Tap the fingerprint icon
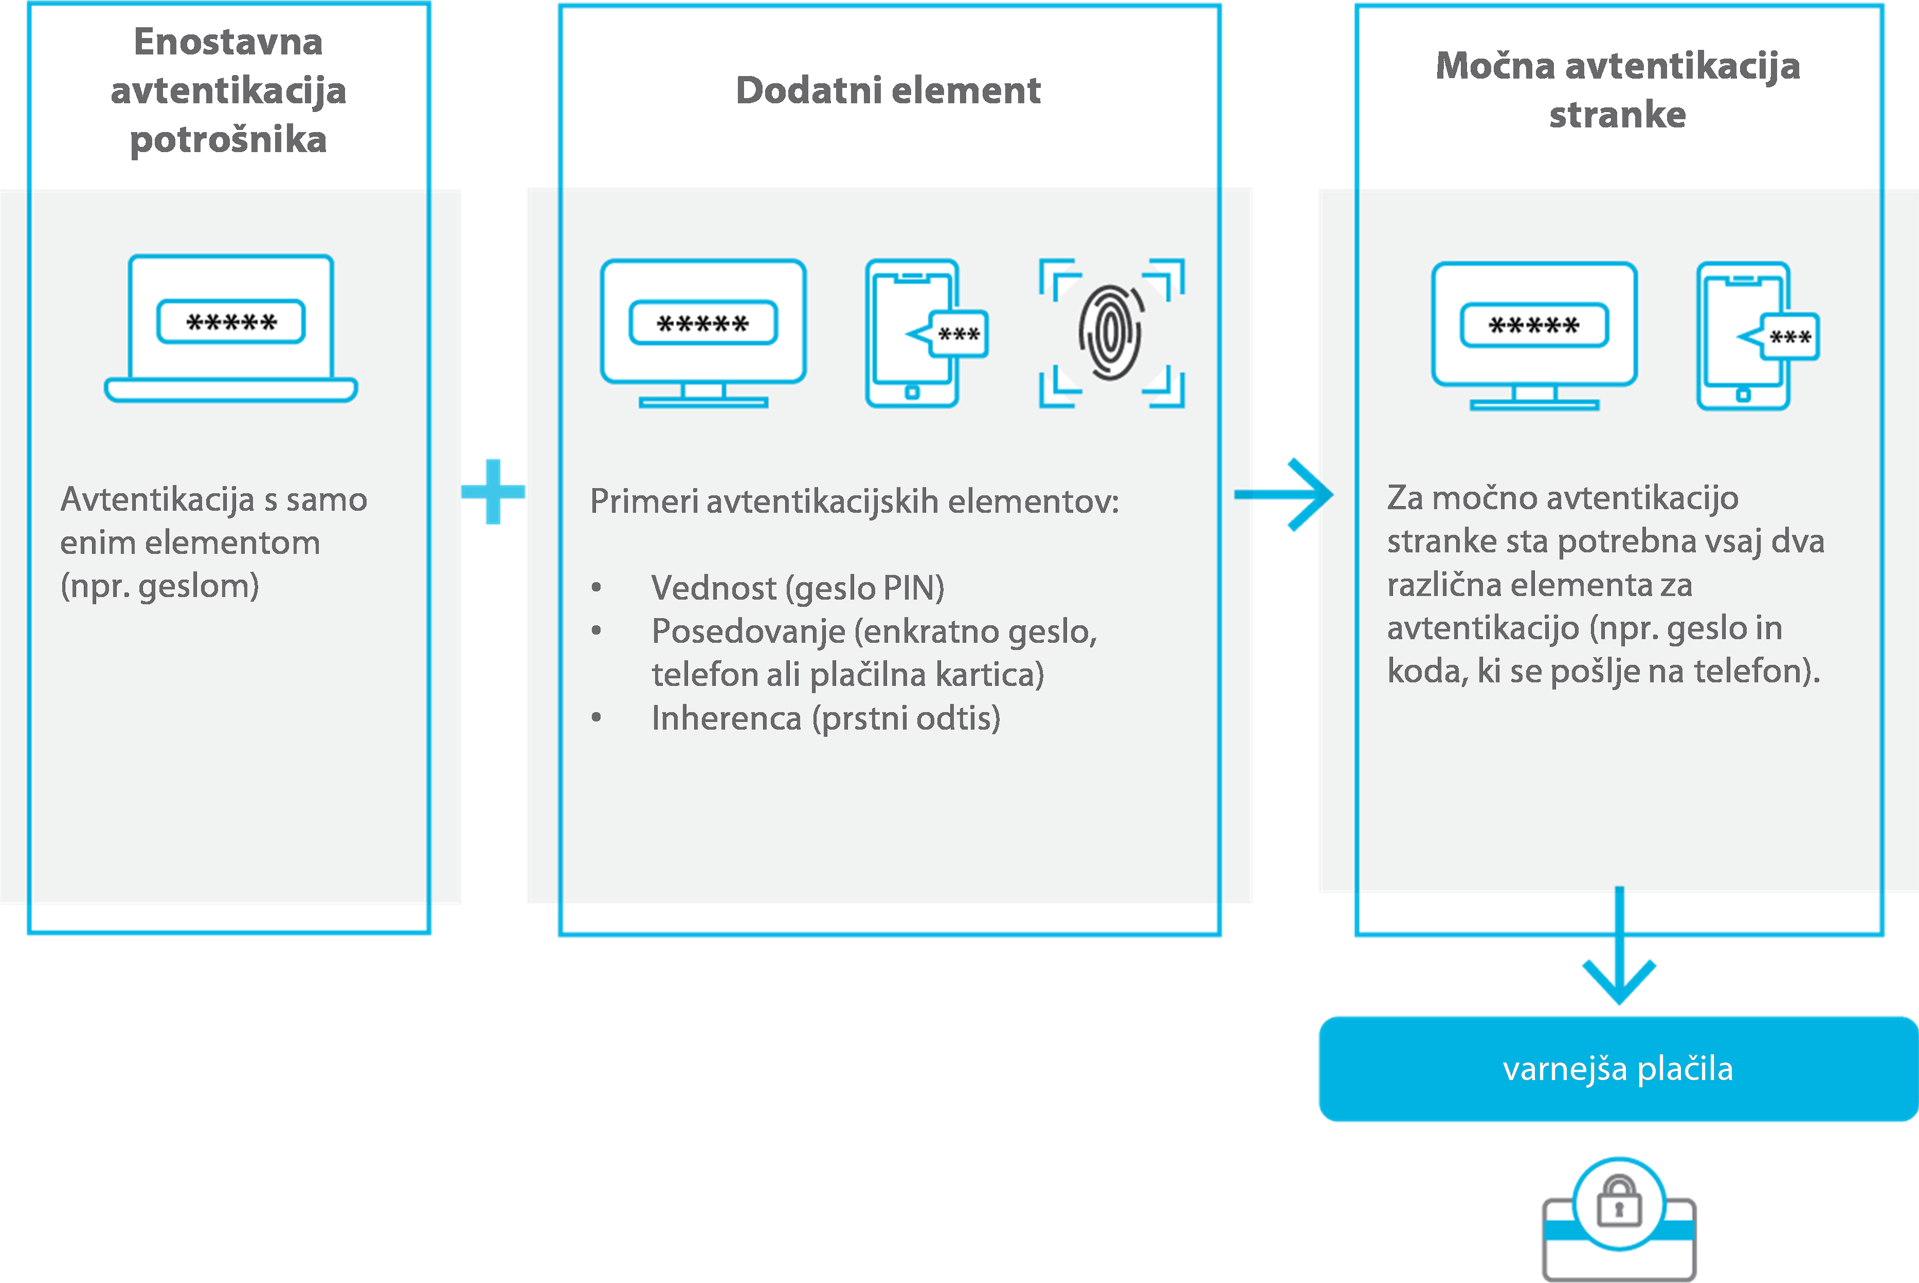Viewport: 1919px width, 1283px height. (1111, 332)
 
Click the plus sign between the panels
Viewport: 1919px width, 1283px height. (493, 491)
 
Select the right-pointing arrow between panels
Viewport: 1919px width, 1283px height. (1286, 494)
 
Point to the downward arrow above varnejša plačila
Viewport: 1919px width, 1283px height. (1619, 949)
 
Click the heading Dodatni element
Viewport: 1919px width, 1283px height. (888, 90)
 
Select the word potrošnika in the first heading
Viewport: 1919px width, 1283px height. (228, 140)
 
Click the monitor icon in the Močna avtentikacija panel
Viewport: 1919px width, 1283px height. (1534, 334)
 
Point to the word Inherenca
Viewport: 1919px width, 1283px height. (726, 718)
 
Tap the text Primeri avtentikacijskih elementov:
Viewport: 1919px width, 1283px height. (854, 501)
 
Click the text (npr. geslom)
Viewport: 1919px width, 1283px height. (159, 586)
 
